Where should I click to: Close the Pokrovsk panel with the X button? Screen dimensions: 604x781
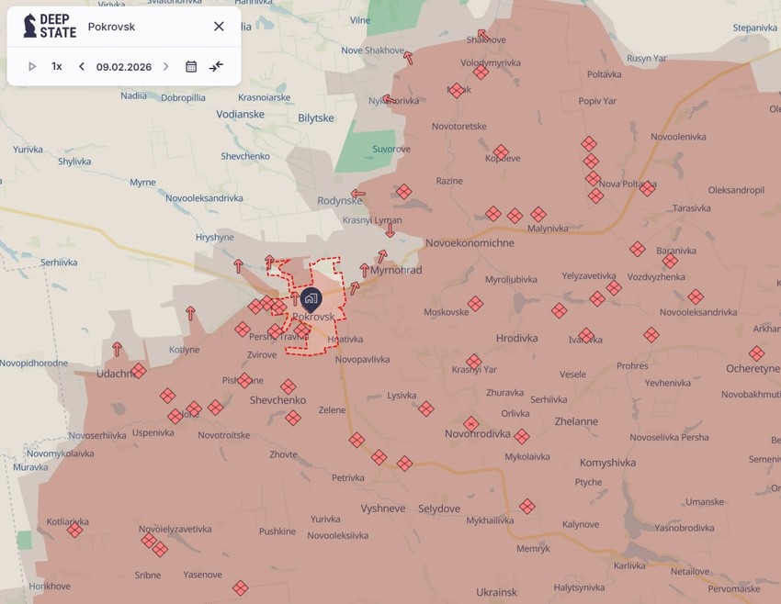[x=219, y=27]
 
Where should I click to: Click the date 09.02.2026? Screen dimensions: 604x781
[x=124, y=67]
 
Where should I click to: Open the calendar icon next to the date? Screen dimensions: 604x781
[x=191, y=67]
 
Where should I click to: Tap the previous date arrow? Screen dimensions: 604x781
[x=82, y=67]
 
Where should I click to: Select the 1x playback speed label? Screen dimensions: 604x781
[x=57, y=67]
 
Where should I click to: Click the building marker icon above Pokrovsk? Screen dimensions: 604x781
[x=311, y=298]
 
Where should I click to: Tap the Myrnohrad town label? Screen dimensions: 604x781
[x=396, y=270]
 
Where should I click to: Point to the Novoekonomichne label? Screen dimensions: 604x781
[x=470, y=243]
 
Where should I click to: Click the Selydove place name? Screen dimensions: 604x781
[x=439, y=509]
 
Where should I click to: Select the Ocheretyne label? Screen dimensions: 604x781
[x=753, y=368]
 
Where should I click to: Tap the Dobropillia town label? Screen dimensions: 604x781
[x=183, y=97]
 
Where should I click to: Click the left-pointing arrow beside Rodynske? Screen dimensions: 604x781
[x=358, y=194]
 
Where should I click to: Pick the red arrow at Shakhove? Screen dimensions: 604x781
[x=482, y=35]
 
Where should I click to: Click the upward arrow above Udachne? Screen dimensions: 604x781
[x=117, y=349]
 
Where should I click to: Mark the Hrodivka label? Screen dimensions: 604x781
[x=516, y=338]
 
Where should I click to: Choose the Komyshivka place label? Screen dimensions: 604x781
[x=607, y=463]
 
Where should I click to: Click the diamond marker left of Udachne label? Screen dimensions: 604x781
[x=139, y=371]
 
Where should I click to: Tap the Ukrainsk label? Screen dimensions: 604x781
[x=496, y=592]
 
